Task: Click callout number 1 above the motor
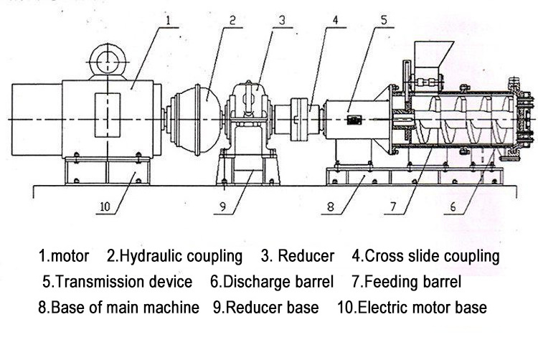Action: click(x=169, y=21)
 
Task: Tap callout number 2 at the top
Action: click(x=233, y=21)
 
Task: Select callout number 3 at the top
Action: click(x=283, y=21)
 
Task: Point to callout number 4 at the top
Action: click(x=335, y=21)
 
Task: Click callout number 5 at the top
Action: click(x=385, y=21)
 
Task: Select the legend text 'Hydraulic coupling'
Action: click(x=181, y=256)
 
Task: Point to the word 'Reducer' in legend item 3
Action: click(x=306, y=256)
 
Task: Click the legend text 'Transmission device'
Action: click(x=123, y=282)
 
